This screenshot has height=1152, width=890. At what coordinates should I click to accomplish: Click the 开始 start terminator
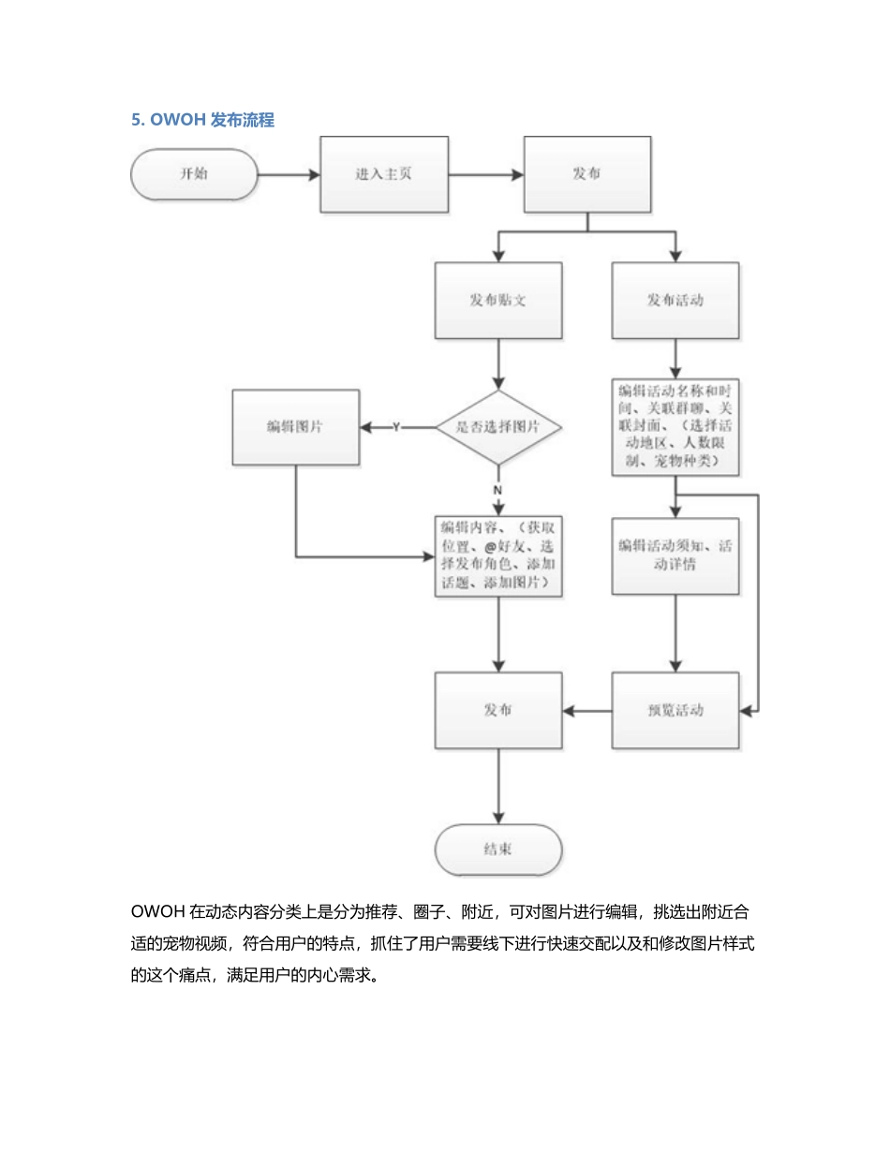pos(194,174)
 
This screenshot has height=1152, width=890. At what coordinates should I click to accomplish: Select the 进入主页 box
pos(384,174)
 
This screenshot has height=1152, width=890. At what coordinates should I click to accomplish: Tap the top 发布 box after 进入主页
pos(586,174)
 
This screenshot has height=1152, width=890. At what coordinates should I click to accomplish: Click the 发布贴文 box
pos(498,301)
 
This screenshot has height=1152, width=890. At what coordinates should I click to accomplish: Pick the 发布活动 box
pos(675,301)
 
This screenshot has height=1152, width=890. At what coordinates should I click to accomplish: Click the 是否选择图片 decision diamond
pos(498,427)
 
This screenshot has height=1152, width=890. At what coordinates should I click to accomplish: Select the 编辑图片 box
pos(295,427)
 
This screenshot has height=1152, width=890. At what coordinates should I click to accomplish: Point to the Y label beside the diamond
pos(395,427)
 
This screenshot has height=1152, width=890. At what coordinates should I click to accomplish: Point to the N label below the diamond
pos(497,490)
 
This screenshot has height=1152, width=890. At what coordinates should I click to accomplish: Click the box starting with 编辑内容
pos(498,554)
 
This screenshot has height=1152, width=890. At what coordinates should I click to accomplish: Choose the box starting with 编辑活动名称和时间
pos(675,426)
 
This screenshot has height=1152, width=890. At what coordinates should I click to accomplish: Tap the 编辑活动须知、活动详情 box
pos(675,555)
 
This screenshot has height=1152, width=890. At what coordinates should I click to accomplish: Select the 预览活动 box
pos(675,710)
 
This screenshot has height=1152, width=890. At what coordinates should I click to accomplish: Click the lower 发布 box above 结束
pos(498,710)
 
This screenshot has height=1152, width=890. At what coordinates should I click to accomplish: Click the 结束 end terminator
pos(498,850)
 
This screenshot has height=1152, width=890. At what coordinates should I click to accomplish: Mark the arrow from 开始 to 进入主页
pos(289,174)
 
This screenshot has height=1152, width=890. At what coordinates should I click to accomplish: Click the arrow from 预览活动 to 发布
pos(587,710)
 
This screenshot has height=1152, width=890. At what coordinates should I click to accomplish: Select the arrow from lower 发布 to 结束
pos(498,787)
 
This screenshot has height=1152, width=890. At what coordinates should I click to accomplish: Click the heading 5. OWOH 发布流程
pos(202,120)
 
